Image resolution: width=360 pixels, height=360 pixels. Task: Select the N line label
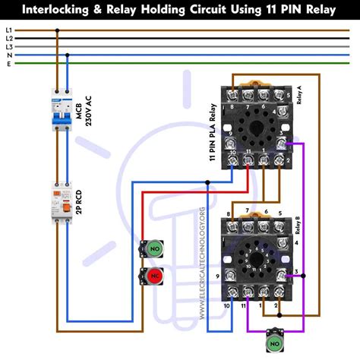(x=8, y=55)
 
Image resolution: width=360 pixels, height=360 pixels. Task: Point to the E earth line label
(x=8, y=63)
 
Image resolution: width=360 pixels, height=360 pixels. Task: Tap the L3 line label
(x=8, y=46)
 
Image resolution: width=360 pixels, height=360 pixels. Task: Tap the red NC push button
(x=153, y=274)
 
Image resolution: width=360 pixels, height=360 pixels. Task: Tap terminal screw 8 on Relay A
(x=232, y=95)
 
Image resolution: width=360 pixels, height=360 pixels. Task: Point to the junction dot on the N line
(x=68, y=55)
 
